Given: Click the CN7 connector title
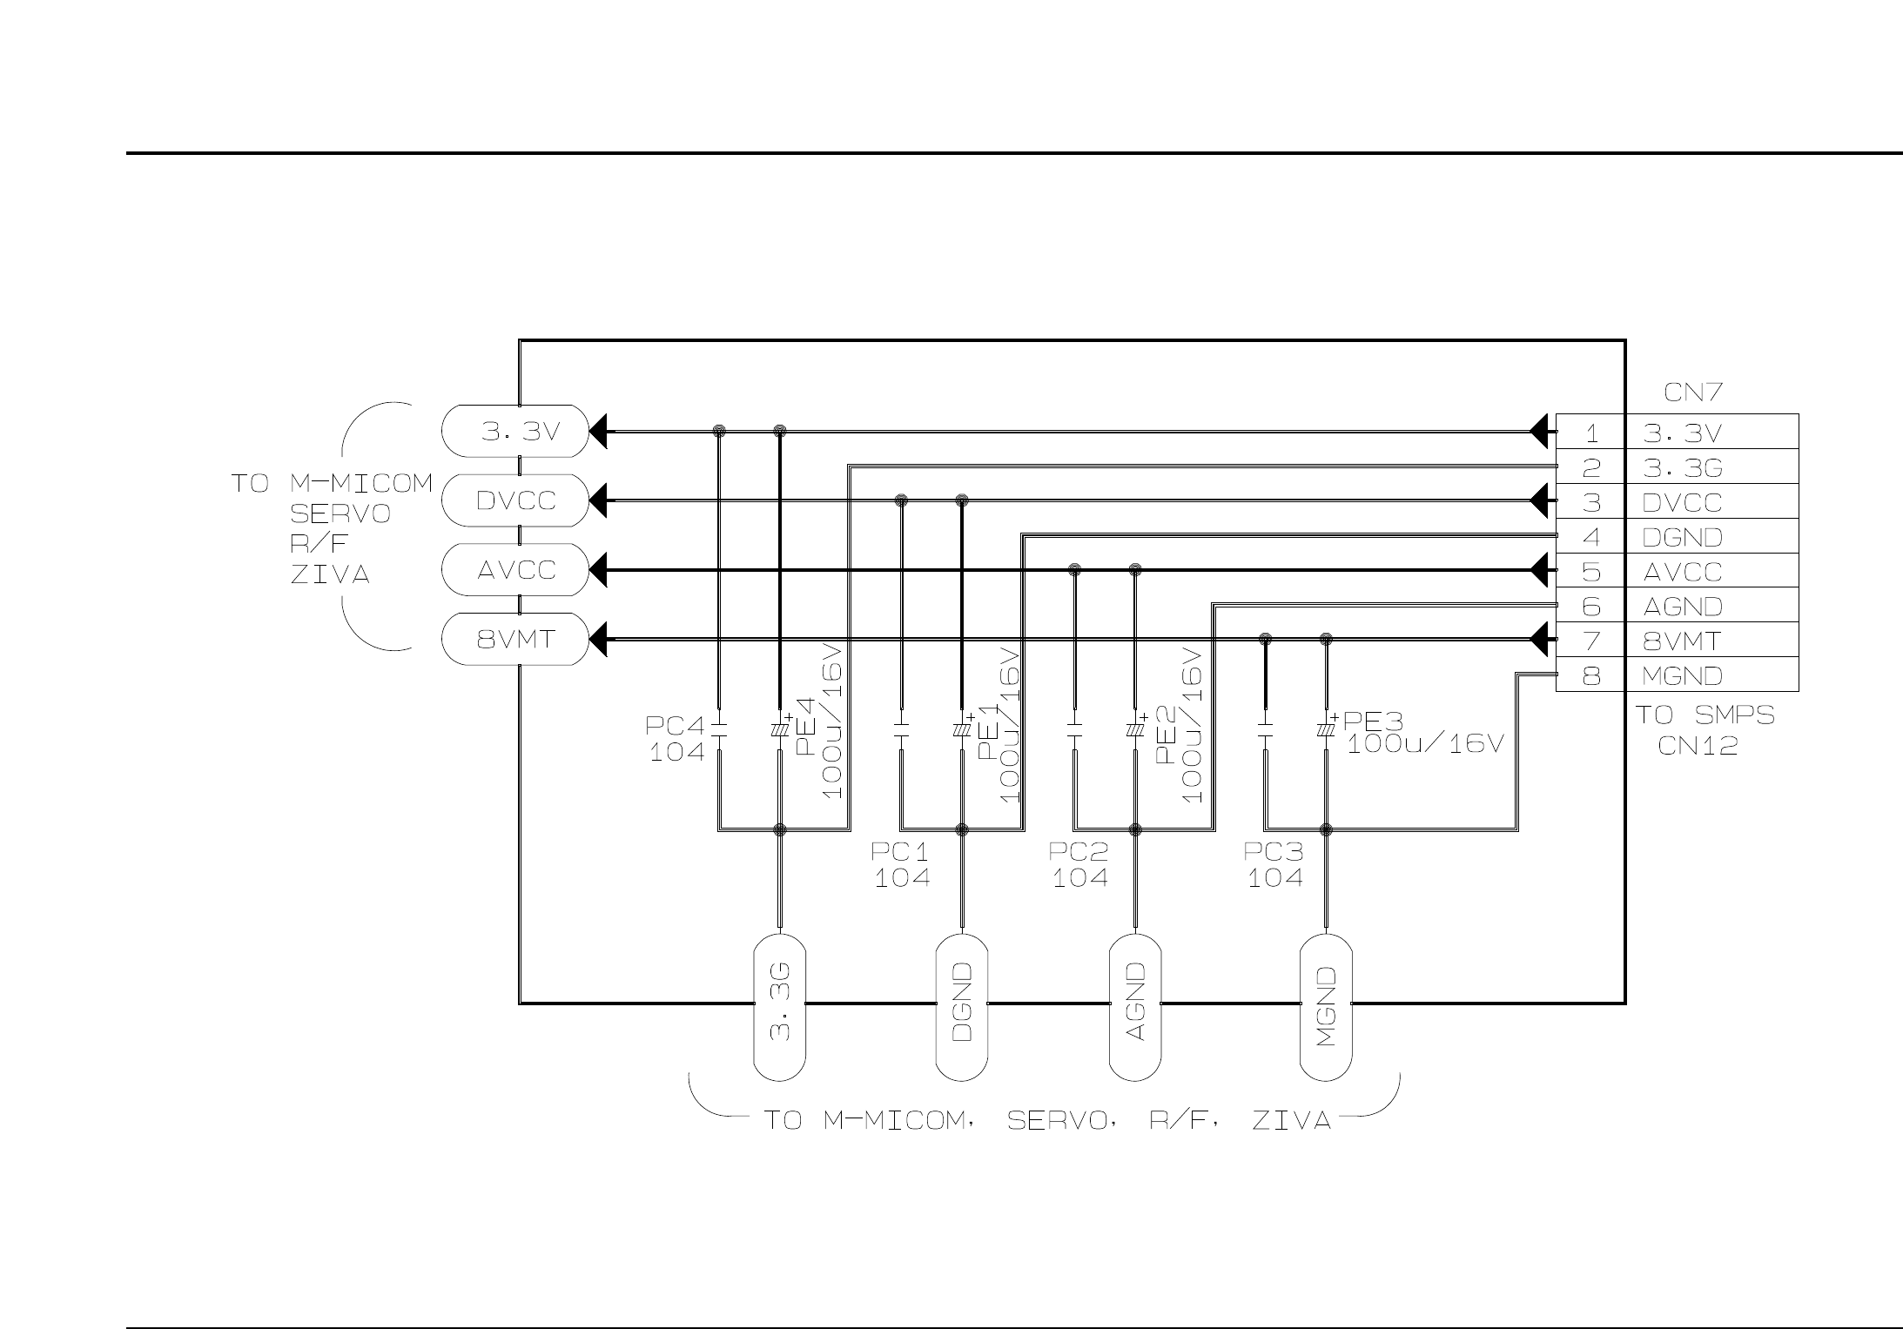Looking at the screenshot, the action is tap(1692, 393).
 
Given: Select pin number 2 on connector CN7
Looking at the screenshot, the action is tap(1590, 468).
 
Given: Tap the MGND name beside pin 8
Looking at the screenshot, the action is tap(1682, 675).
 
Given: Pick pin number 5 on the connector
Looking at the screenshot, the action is tap(1590, 572).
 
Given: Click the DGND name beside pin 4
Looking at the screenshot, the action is tap(1682, 537).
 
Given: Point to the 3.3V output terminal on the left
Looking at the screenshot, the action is tap(515, 431).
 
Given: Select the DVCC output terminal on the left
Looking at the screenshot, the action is tap(515, 500).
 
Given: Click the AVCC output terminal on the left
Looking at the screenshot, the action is tap(515, 570).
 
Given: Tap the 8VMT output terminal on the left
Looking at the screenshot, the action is tap(515, 640).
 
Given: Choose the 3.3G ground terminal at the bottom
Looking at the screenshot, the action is tap(779, 1008).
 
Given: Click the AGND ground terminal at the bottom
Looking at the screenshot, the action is tap(1135, 1008).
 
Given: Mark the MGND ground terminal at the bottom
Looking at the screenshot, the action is tap(1326, 1008).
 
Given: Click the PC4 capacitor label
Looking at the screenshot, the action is tap(675, 725).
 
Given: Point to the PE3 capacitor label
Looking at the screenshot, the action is tap(1374, 722).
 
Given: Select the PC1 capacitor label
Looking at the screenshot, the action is tap(901, 851).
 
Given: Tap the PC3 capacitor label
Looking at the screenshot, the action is tap(1274, 851).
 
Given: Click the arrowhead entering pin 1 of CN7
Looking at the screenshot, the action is tap(1542, 431).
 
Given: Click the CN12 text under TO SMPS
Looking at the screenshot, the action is tap(1698, 746).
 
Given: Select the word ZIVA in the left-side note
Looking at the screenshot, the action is tap(330, 575).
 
